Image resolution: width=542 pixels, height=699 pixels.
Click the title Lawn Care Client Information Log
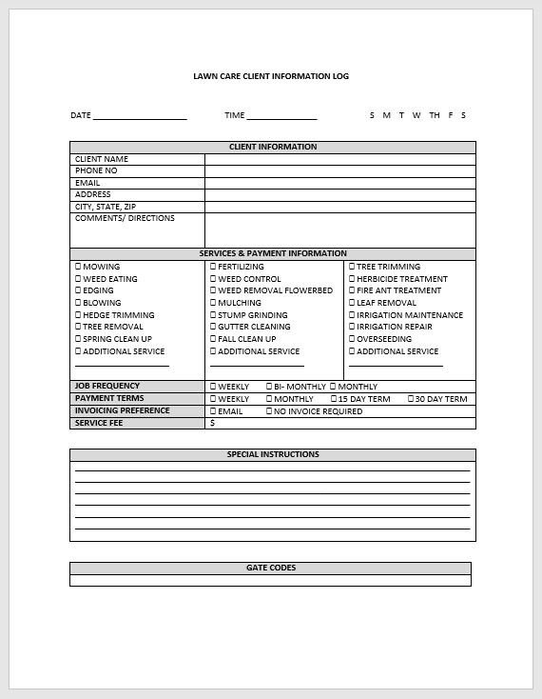tap(271, 76)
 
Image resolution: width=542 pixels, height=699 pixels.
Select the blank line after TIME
tap(281, 116)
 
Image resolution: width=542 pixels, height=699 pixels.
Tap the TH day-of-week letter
tap(434, 116)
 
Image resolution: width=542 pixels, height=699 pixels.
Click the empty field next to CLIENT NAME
tap(339, 159)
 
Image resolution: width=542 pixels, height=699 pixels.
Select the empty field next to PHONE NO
tap(339, 171)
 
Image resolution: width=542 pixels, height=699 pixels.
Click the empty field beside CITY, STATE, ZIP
tap(339, 207)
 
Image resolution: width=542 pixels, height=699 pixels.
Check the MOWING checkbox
tap(78, 268)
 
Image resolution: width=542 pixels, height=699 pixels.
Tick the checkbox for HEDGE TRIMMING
tap(78, 315)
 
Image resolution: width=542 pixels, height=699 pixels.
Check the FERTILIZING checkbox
tap(213, 268)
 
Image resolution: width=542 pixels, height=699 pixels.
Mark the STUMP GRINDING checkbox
tap(213, 315)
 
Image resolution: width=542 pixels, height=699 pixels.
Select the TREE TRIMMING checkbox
tap(352, 268)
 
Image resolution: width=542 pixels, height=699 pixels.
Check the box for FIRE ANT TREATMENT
tap(352, 291)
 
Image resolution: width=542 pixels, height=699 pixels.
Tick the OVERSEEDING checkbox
tap(352, 339)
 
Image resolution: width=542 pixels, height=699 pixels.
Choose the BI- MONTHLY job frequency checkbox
tap(269, 387)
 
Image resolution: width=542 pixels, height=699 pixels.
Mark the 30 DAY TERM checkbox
tap(411, 399)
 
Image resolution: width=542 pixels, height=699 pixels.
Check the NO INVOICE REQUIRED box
tap(269, 411)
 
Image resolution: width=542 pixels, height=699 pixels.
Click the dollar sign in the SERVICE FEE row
tap(212, 424)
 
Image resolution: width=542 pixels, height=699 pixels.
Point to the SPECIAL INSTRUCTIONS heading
tap(273, 455)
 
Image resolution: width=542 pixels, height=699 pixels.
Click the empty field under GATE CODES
tap(270, 580)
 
